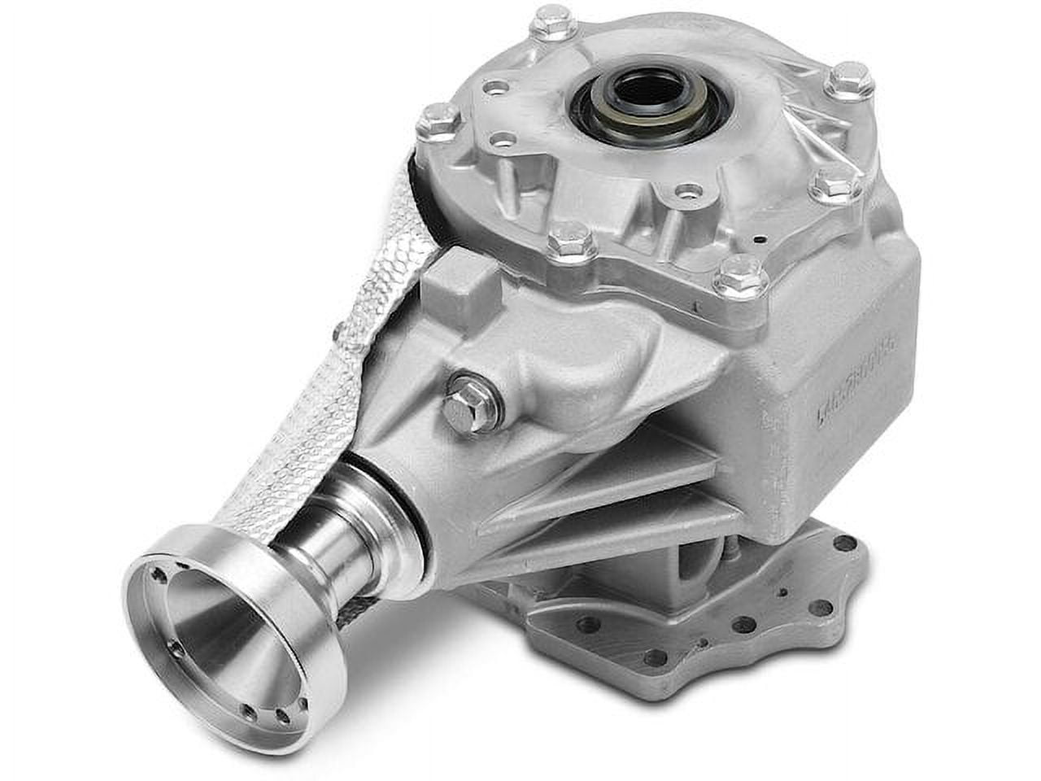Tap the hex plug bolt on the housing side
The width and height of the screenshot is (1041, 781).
tap(464, 411)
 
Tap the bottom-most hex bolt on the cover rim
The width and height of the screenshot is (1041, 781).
tap(740, 277)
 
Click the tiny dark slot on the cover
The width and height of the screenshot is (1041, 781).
tap(759, 240)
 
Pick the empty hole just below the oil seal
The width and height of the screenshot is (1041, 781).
tap(690, 193)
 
